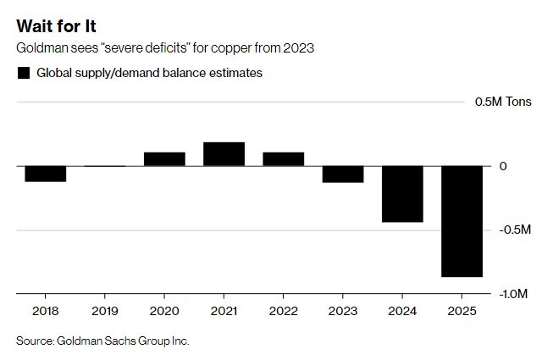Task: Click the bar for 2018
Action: pyautogui.click(x=46, y=174)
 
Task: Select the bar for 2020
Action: pyautogui.click(x=164, y=159)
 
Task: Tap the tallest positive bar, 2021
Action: pyautogui.click(x=224, y=154)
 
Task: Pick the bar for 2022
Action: pyautogui.click(x=284, y=159)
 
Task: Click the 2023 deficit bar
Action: pyautogui.click(x=343, y=174)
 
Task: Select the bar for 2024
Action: pyautogui.click(x=402, y=194)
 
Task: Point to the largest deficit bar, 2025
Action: pyautogui.click(x=462, y=221)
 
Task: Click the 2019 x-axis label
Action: pyautogui.click(x=105, y=310)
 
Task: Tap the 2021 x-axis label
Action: pyautogui.click(x=224, y=310)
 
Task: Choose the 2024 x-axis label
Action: pyautogui.click(x=402, y=310)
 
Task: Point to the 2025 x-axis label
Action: pyautogui.click(x=462, y=310)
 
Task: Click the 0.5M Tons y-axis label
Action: pyautogui.click(x=503, y=102)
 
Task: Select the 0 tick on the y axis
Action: pyautogui.click(x=503, y=166)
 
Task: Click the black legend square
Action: pyautogui.click(x=24, y=73)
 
